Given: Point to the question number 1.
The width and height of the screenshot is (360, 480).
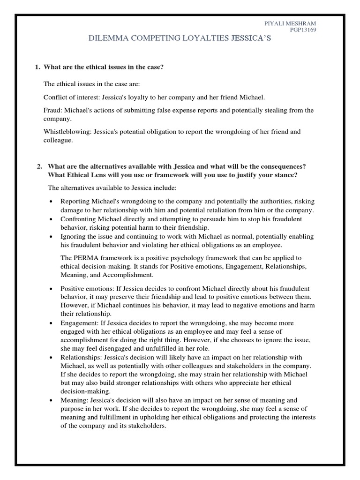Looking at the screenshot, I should tap(37, 67).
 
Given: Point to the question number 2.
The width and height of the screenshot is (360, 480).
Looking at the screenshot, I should tap(39, 167).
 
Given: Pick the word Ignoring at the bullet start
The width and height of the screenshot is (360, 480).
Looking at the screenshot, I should tap(73, 237).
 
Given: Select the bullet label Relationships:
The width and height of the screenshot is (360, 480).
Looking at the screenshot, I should tap(81, 358).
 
